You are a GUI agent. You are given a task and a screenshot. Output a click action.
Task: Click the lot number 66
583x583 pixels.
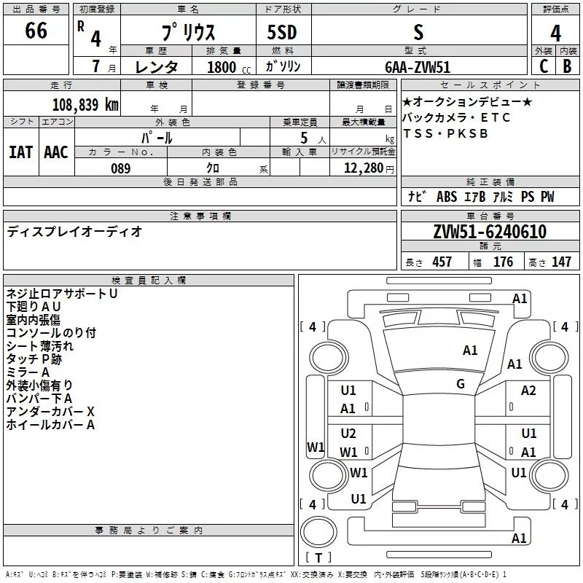(36, 31)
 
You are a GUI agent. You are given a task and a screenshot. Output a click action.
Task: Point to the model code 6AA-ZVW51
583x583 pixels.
(418, 66)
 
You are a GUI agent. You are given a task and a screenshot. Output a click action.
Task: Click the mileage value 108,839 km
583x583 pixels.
(85, 104)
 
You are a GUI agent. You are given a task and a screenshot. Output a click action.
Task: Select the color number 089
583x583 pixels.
(120, 168)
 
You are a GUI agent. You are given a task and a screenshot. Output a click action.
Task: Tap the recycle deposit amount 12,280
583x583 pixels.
(362, 168)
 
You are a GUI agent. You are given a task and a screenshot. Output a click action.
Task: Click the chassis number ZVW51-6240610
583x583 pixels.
(490, 232)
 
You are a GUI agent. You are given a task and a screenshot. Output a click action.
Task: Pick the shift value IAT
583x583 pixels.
(20, 152)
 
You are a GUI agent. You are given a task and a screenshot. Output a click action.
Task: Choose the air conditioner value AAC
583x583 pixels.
(55, 152)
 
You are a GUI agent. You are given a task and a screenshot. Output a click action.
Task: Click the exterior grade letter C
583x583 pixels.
(542, 66)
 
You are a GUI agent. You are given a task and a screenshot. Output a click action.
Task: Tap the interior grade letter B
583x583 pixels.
(567, 66)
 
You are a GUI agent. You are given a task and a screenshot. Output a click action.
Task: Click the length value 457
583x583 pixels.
(442, 262)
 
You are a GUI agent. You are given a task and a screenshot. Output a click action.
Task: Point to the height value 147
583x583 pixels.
(561, 262)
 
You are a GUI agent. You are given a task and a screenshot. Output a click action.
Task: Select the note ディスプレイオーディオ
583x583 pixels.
(74, 232)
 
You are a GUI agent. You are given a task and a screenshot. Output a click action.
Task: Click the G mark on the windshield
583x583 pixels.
(461, 384)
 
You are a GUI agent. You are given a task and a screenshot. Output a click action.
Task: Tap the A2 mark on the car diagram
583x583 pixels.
(528, 391)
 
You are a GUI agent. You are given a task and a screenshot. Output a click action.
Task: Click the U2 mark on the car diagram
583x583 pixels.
(348, 434)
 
